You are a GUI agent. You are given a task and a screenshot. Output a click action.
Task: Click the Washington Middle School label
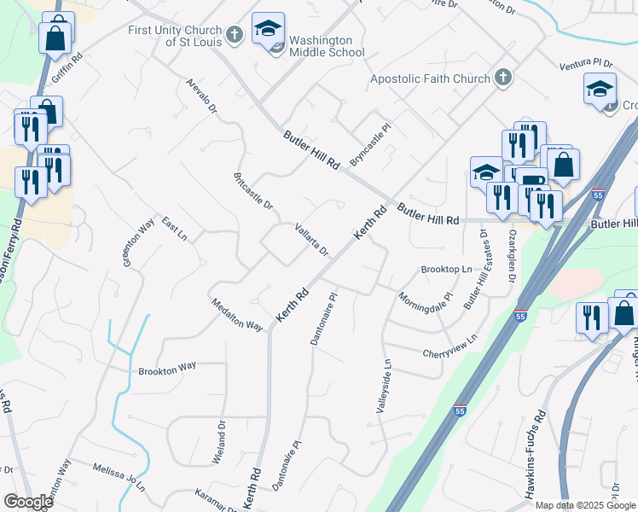click(x=321, y=46)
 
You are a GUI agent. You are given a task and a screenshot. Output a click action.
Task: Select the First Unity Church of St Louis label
click(x=174, y=35)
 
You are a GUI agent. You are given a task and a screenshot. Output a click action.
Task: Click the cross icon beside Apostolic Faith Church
click(x=503, y=79)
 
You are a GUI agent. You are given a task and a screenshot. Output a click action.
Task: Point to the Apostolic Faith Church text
click(x=430, y=79)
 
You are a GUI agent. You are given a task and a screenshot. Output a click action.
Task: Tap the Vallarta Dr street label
click(x=311, y=240)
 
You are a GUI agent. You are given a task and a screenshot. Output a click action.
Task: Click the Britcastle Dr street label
click(x=252, y=192)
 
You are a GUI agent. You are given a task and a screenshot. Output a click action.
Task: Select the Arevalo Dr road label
click(x=202, y=97)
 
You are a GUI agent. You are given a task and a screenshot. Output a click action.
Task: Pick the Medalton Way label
click(x=236, y=314)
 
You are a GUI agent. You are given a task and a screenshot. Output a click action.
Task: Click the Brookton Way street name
click(x=167, y=369)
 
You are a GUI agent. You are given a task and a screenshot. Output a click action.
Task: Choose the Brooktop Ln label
click(x=446, y=270)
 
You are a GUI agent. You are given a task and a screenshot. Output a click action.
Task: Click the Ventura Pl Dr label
click(x=587, y=65)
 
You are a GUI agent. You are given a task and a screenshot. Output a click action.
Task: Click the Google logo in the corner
click(x=27, y=502)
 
